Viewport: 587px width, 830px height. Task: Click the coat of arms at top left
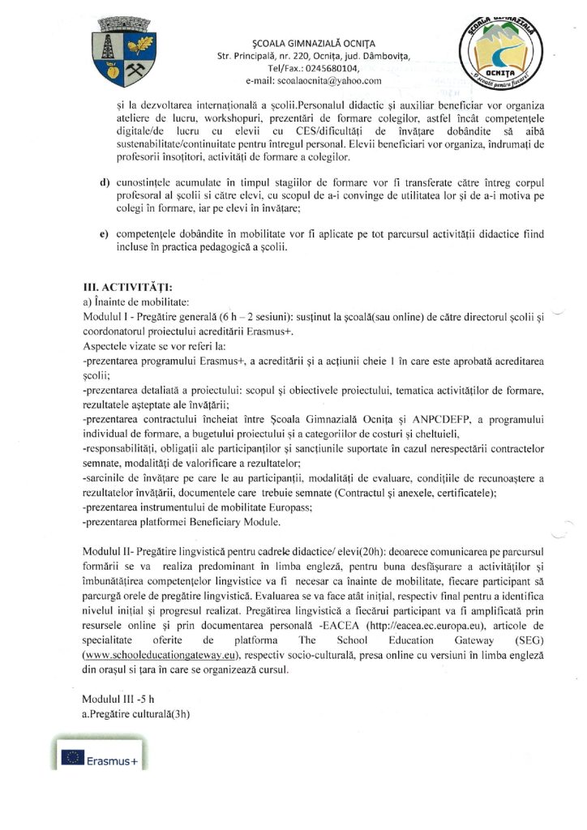point(126,55)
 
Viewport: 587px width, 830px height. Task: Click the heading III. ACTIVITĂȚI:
point(128,286)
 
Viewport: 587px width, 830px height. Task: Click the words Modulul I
point(105,317)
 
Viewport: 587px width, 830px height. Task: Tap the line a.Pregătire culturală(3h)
point(136,713)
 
